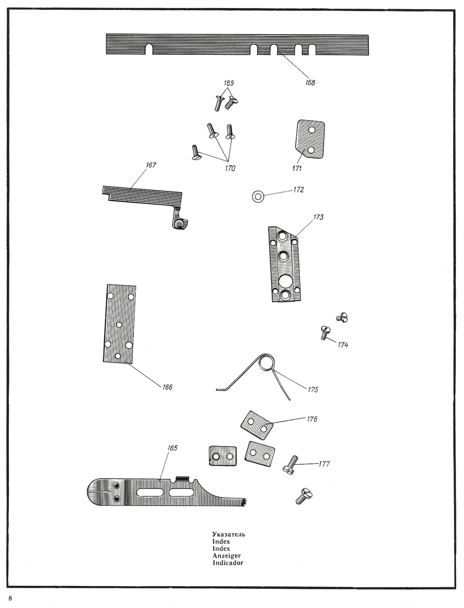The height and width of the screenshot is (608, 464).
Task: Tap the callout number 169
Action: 229,83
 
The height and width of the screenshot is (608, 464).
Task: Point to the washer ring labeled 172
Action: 258,197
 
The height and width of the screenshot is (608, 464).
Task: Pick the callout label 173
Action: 318,217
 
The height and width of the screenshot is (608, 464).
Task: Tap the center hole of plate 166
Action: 119,325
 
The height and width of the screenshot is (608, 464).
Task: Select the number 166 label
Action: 167,387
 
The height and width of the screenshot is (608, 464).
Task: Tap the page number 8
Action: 10,598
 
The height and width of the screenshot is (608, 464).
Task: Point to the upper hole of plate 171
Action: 312,130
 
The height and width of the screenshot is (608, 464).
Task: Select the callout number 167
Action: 151,165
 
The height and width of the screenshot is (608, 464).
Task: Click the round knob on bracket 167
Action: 180,223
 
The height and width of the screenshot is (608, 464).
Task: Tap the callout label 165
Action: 172,448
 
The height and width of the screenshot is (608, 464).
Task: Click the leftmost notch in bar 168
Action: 149,49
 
